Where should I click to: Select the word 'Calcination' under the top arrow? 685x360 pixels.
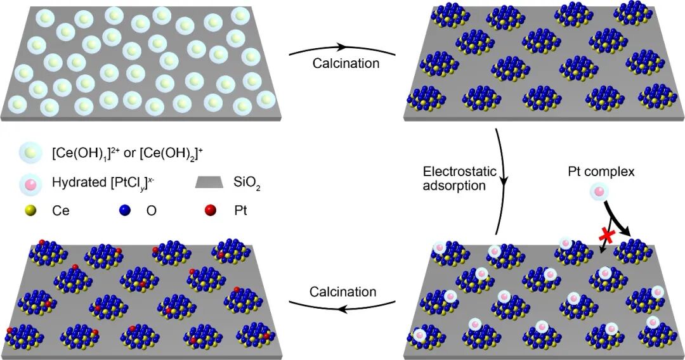[346, 63]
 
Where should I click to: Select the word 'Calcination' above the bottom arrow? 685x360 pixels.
[342, 292]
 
